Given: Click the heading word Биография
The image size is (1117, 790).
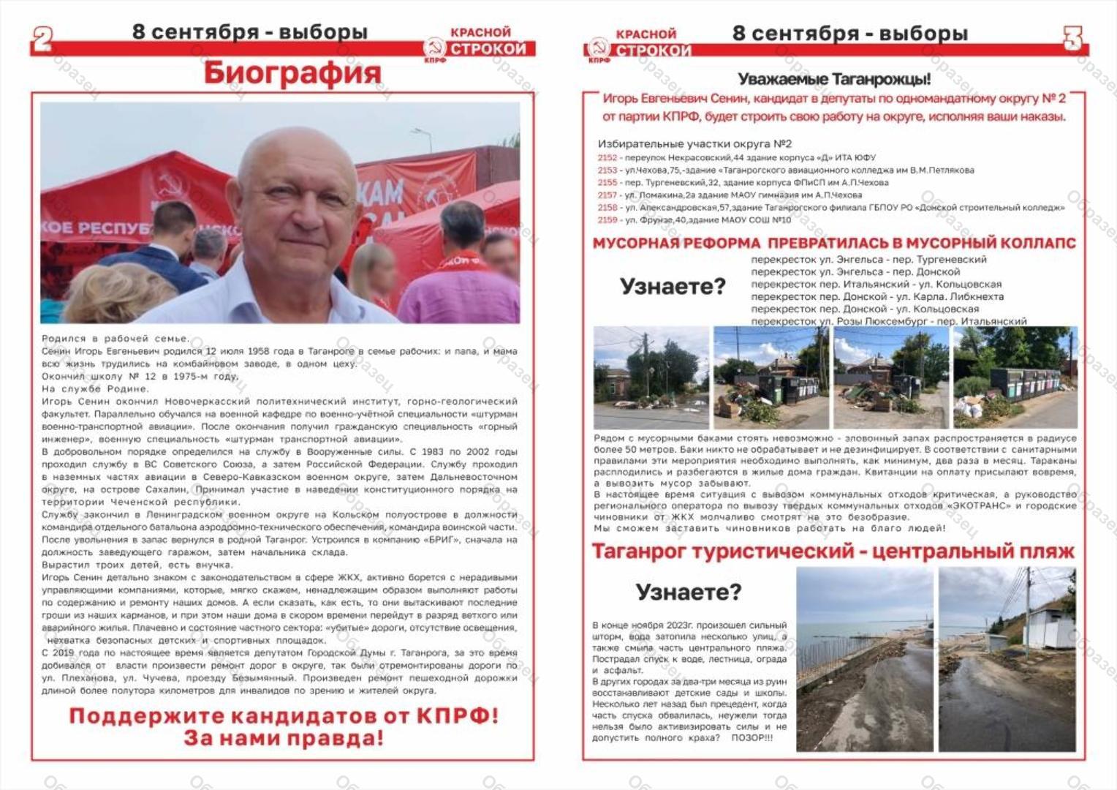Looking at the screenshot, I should [x=292, y=72].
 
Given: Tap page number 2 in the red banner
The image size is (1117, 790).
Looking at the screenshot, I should [x=42, y=39].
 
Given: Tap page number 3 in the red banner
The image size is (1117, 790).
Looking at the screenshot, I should [x=1072, y=39].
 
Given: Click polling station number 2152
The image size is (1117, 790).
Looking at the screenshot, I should [x=607, y=158].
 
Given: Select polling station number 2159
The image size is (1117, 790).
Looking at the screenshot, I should [x=607, y=220].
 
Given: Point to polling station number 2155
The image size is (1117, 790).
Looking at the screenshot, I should [x=607, y=183].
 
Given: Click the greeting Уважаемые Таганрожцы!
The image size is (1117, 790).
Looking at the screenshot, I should [x=834, y=79].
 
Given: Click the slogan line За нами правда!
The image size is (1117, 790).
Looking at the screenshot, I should [x=283, y=737].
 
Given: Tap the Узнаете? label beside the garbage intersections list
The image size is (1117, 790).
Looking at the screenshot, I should [x=673, y=286].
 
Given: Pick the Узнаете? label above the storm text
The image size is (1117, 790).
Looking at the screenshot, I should [x=688, y=592].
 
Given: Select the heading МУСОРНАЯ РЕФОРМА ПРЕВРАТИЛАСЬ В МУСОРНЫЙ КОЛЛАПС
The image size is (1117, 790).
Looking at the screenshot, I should [x=834, y=243].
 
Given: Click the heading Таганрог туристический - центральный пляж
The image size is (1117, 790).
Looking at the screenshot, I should [x=833, y=552].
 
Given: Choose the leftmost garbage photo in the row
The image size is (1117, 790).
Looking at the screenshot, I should [x=651, y=377].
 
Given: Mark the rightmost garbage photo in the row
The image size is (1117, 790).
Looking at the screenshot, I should [x=1015, y=377].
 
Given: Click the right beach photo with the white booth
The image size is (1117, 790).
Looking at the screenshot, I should [x=1007, y=658].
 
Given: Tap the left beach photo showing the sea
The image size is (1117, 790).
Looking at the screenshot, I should [x=865, y=658].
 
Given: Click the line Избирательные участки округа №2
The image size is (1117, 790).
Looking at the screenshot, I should [x=694, y=144].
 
